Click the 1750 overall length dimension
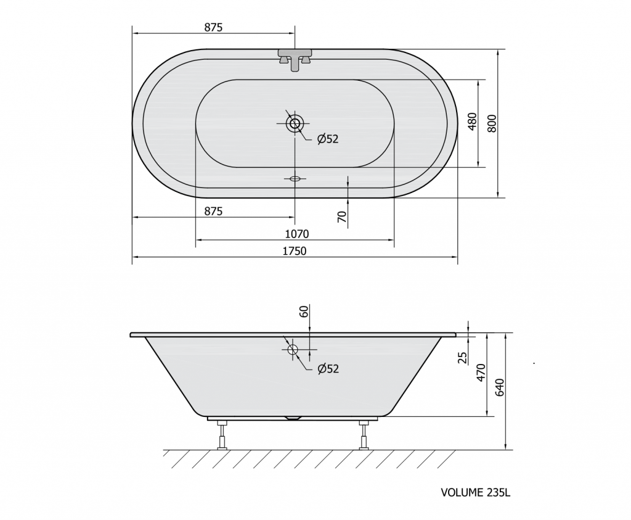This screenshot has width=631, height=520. tap(294, 251)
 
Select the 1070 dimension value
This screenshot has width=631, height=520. tap(297, 234)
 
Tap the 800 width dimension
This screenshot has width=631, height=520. tap(492, 123)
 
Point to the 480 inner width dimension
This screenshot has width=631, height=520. tap(472, 122)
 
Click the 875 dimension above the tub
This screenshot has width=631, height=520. tap(213, 27)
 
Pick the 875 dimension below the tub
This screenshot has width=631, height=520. tap(213, 211)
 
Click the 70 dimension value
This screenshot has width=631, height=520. tap(342, 217)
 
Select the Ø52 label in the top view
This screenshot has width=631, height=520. tap(328, 139)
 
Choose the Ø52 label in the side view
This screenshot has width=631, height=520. tap(328, 368)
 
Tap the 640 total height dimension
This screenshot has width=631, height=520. tap(499, 387)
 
